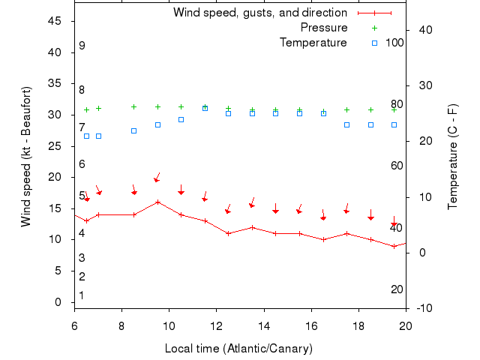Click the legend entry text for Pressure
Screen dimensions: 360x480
click(x=323, y=28)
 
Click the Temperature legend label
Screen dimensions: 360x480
click(x=313, y=43)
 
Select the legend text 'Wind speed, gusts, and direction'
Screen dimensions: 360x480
click(x=259, y=13)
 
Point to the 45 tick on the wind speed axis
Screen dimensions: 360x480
click(x=55, y=21)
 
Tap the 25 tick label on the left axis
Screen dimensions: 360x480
click(x=55, y=146)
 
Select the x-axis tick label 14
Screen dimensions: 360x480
click(x=263, y=325)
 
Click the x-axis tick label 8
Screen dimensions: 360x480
click(x=121, y=325)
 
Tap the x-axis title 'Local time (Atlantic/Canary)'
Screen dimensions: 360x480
click(x=238, y=349)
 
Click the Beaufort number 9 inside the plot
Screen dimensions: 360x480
click(x=82, y=46)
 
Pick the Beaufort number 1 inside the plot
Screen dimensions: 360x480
click(x=82, y=295)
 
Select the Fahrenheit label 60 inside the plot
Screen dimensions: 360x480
click(x=397, y=166)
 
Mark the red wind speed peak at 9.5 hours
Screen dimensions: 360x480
click(x=157, y=202)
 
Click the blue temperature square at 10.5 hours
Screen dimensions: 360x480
click(x=181, y=119)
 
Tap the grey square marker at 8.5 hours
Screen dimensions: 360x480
click(x=133, y=130)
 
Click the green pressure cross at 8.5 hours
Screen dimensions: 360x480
click(x=133, y=106)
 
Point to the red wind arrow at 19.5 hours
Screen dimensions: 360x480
click(x=394, y=223)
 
